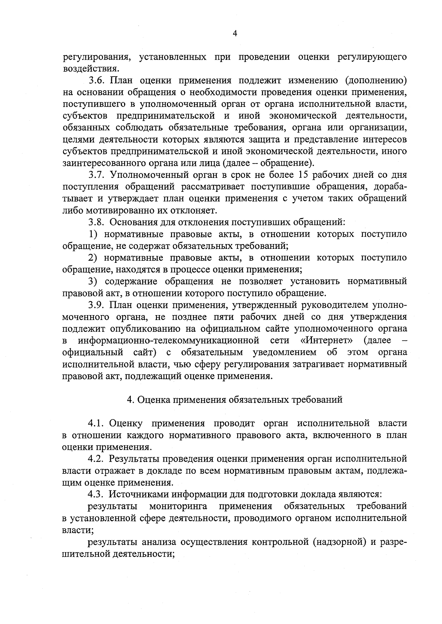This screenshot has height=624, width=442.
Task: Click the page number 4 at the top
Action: click(x=235, y=34)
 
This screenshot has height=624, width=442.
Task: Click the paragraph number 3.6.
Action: click(x=97, y=81)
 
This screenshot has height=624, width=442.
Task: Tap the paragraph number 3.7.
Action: click(x=97, y=175)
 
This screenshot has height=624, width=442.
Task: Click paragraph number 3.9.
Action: click(x=97, y=305)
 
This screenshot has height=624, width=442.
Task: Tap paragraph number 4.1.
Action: click(x=97, y=423)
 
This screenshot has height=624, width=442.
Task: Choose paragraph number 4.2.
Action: click(x=97, y=459)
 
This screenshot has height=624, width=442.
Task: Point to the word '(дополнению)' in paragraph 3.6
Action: click(x=376, y=81)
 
